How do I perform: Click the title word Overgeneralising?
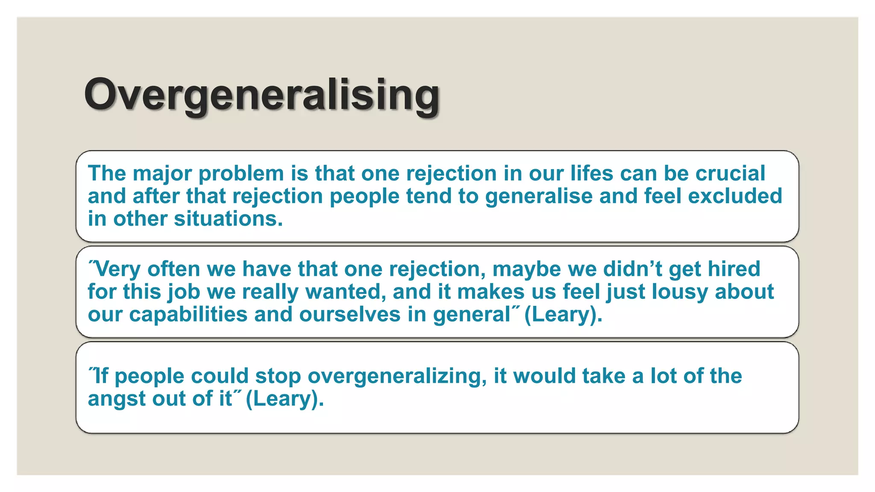coord(261,95)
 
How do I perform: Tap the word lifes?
coord(591,173)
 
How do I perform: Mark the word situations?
coord(228,219)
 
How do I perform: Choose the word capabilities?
coord(188,315)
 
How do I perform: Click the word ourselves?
coord(350,315)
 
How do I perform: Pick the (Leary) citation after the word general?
coord(563,315)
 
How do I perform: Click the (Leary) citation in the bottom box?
coord(285,399)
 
